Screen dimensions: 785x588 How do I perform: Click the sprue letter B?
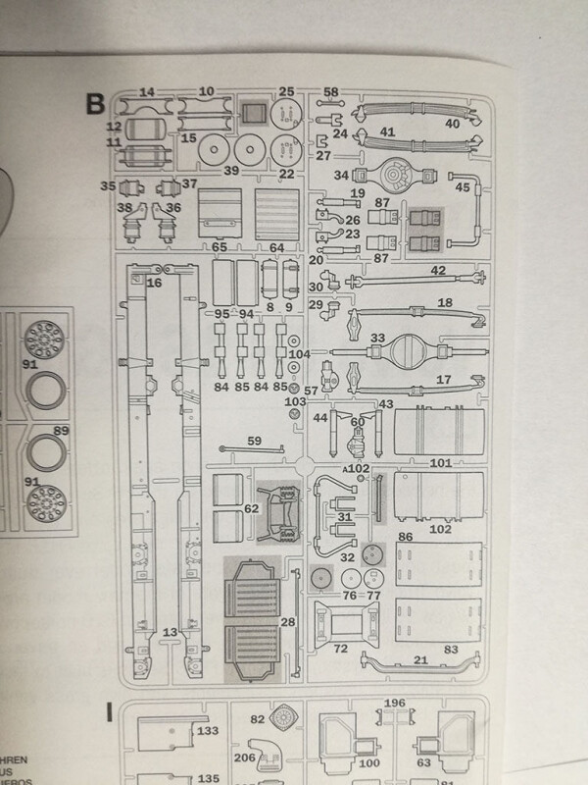(95, 102)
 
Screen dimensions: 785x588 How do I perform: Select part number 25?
(286, 91)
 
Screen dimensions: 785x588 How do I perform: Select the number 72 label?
(341, 650)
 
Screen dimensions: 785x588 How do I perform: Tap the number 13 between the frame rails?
(170, 633)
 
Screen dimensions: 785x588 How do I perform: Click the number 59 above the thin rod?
(254, 440)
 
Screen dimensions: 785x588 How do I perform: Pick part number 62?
(251, 509)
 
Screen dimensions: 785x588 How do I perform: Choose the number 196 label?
(395, 703)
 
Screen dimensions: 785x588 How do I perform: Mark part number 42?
(438, 270)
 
